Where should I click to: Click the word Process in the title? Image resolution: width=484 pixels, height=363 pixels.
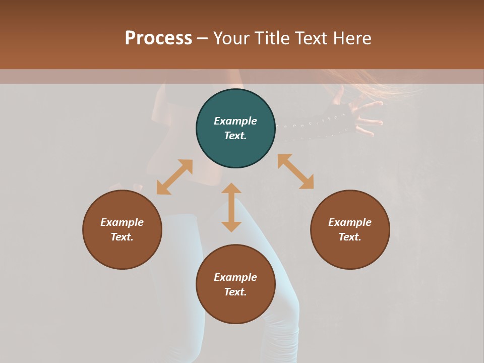[158, 38]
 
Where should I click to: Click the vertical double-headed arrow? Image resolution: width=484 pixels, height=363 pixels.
[231, 207]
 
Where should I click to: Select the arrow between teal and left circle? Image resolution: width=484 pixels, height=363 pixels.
[174, 177]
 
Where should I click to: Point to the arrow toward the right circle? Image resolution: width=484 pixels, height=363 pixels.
[295, 171]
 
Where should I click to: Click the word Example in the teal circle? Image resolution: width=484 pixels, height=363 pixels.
[235, 121]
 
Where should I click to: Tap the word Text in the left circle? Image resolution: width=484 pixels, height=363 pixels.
[122, 237]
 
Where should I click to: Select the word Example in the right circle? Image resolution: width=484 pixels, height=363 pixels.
[350, 222]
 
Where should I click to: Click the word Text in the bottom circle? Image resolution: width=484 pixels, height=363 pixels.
[235, 292]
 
